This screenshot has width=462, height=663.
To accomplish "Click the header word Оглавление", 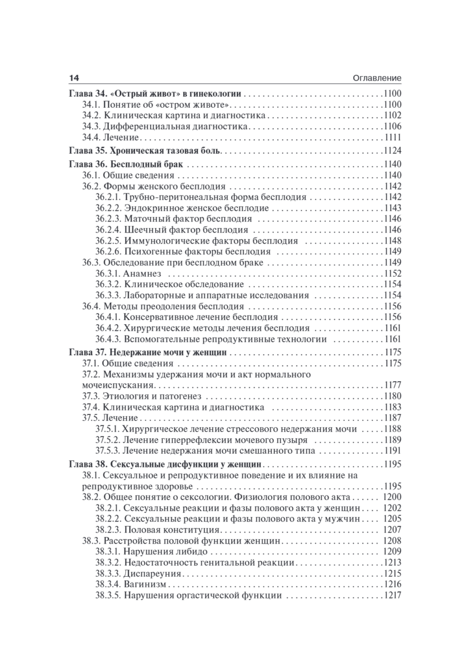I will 376,78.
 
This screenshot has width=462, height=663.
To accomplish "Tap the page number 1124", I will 391,150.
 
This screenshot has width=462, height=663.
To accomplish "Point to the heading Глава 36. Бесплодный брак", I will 126,164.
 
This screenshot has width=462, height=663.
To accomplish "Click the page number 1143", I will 391,208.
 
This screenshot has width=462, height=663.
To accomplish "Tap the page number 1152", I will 391,273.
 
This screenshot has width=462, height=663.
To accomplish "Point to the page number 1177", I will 391,385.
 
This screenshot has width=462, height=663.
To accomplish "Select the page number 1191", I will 391,451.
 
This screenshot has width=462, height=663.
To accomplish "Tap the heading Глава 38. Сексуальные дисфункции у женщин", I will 165,464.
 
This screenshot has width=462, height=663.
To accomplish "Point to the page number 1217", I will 391,596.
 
